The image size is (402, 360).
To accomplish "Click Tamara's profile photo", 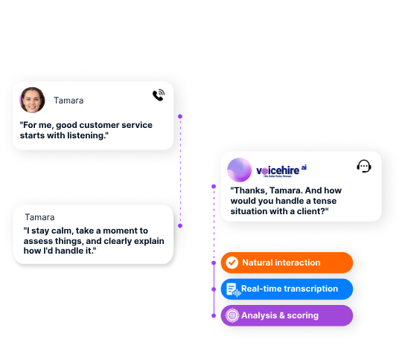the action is click(x=32, y=100).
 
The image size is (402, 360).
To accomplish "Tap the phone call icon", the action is click(x=159, y=95).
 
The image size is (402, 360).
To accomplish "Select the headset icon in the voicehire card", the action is click(x=364, y=167).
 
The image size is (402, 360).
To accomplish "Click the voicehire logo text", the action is click(x=281, y=170).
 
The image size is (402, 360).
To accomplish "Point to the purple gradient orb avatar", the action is click(x=240, y=170).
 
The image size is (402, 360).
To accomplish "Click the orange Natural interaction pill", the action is click(x=287, y=263).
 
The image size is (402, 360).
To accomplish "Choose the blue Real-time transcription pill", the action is click(x=287, y=289).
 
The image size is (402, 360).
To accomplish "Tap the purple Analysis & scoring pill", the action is click(x=287, y=315).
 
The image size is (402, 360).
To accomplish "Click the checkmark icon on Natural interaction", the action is click(x=232, y=263).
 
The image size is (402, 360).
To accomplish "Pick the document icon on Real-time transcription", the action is click(x=233, y=289).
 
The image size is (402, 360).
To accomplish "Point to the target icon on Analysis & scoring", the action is click(x=232, y=315).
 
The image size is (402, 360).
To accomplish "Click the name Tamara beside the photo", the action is click(x=68, y=100).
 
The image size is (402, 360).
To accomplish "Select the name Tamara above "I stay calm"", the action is click(x=39, y=217).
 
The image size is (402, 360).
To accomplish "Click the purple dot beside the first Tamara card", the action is click(x=180, y=116).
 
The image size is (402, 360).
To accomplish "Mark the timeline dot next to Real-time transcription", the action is click(x=214, y=289).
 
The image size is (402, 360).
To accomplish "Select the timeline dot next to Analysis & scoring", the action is click(x=214, y=315).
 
